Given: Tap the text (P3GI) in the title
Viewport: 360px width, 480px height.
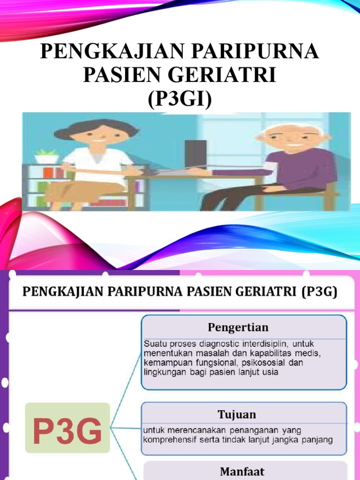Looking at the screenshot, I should coord(180,99).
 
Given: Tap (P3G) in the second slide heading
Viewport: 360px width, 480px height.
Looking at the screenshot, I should coord(320,292).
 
